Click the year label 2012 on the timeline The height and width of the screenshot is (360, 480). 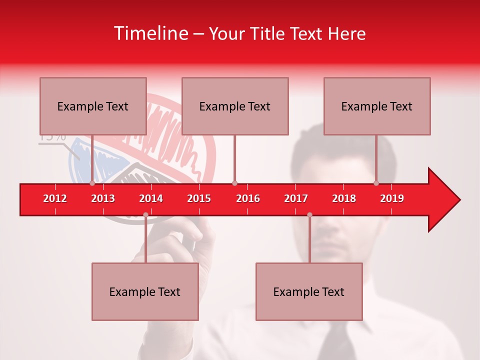tap(55, 198)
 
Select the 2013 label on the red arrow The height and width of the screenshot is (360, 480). tap(103, 198)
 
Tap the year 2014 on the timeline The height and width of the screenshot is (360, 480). tap(151, 198)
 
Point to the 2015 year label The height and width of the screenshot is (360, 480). tap(199, 198)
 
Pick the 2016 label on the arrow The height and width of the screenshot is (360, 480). tap(248, 198)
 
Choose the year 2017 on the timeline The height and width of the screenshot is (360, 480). tap(296, 198)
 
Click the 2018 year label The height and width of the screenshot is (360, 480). tap(344, 198)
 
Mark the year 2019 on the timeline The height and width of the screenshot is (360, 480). tap(392, 198)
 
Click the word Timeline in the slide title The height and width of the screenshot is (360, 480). tap(150, 33)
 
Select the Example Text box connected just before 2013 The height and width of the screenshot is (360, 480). tap(93, 106)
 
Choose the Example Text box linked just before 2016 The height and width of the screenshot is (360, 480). tap(235, 106)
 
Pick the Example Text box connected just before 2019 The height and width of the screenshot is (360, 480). tap(377, 106)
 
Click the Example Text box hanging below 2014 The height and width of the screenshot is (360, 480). tap(145, 291)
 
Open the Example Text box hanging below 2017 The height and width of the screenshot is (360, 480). tap(309, 291)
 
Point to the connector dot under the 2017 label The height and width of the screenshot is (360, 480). tap(309, 214)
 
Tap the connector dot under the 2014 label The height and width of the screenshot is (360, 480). tap(145, 214)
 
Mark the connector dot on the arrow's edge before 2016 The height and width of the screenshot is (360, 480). tap(234, 183)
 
